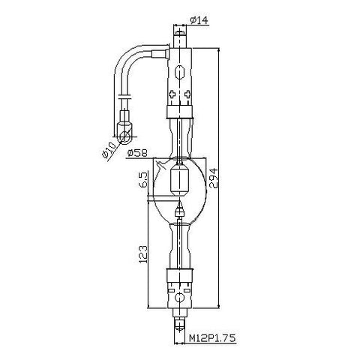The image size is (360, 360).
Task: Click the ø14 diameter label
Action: (199, 20)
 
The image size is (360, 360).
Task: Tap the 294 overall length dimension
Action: (214, 178)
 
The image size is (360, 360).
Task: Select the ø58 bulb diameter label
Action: (137, 152)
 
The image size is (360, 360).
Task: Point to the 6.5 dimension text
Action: (142, 180)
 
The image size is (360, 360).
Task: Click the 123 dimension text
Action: (142, 254)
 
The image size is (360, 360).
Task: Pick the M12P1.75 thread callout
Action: (212, 338)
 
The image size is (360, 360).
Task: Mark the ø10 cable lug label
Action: (109, 150)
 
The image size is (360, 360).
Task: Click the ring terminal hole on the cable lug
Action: (124, 137)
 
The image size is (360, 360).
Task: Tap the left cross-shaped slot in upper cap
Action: (172, 94)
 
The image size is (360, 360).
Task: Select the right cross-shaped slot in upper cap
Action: (187, 94)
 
